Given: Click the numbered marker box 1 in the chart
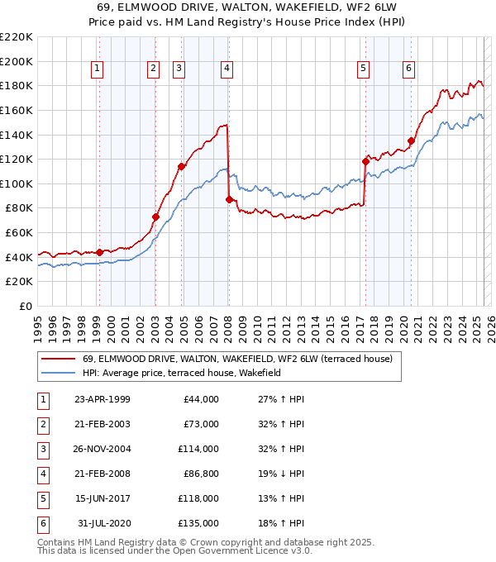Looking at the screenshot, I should click(98, 69).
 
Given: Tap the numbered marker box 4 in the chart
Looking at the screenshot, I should click(226, 69).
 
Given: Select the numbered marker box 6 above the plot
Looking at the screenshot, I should click(409, 69).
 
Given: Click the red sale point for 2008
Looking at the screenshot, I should click(229, 199).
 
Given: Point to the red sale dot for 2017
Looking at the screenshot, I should click(365, 161).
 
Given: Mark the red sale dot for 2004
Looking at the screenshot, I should click(181, 166).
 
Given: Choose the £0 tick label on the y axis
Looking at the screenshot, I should click(26, 306).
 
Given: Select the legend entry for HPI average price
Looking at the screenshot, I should click(182, 374).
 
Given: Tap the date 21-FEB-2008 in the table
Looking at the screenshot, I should click(102, 474).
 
